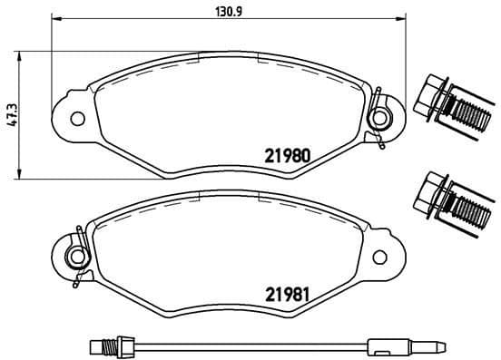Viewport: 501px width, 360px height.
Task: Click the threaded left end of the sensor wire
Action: (103, 345)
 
